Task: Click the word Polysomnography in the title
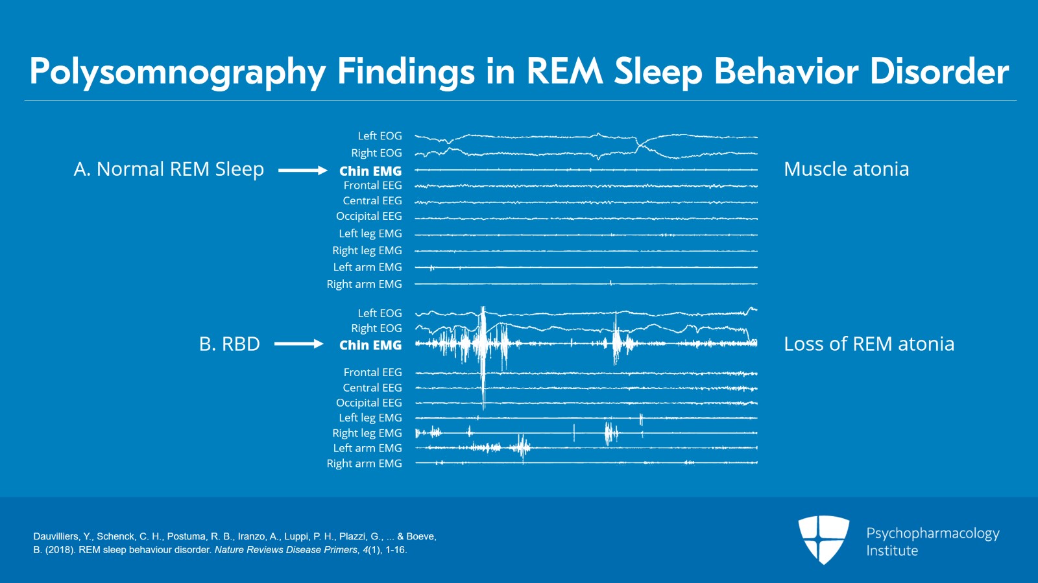(176, 72)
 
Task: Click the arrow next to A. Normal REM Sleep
(303, 171)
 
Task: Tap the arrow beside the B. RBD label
(298, 344)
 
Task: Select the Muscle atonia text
(846, 169)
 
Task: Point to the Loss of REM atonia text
(869, 344)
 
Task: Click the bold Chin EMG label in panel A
(370, 171)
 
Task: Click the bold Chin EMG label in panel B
(370, 345)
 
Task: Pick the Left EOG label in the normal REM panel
(380, 136)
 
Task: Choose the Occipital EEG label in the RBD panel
(368, 403)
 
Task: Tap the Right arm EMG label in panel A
(364, 284)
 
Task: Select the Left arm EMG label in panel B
(367, 448)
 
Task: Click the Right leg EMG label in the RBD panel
(367, 433)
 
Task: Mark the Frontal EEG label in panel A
(372, 185)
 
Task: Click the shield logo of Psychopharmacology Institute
(823, 538)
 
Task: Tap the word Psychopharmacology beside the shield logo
(932, 533)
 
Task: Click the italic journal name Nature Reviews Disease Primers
(285, 550)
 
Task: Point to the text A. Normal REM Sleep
(169, 169)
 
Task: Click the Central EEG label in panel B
(372, 388)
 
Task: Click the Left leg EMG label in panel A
(370, 233)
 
